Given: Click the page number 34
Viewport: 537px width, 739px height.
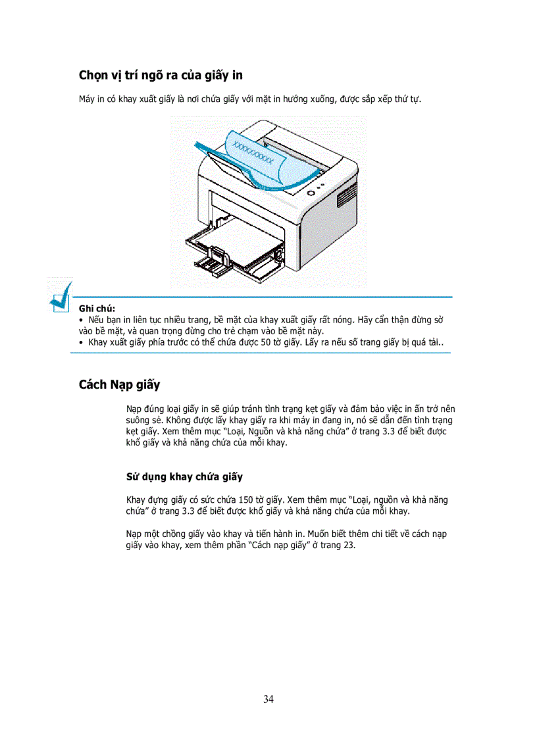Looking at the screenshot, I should pos(268,699).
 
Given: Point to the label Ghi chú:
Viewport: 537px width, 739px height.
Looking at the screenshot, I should pos(97,308).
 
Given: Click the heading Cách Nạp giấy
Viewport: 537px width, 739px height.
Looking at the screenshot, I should pos(119,384).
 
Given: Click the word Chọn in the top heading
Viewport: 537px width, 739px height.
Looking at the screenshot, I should pos(95,75).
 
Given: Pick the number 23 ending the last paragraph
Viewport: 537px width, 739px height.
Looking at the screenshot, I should pos(349,546).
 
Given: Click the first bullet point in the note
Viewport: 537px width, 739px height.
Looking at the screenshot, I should pos(81,320).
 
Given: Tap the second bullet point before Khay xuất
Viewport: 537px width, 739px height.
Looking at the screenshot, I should pos(81,343).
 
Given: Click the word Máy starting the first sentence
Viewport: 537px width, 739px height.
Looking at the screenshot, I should pos(87,99).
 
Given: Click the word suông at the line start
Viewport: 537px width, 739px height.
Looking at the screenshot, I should pos(138,419).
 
